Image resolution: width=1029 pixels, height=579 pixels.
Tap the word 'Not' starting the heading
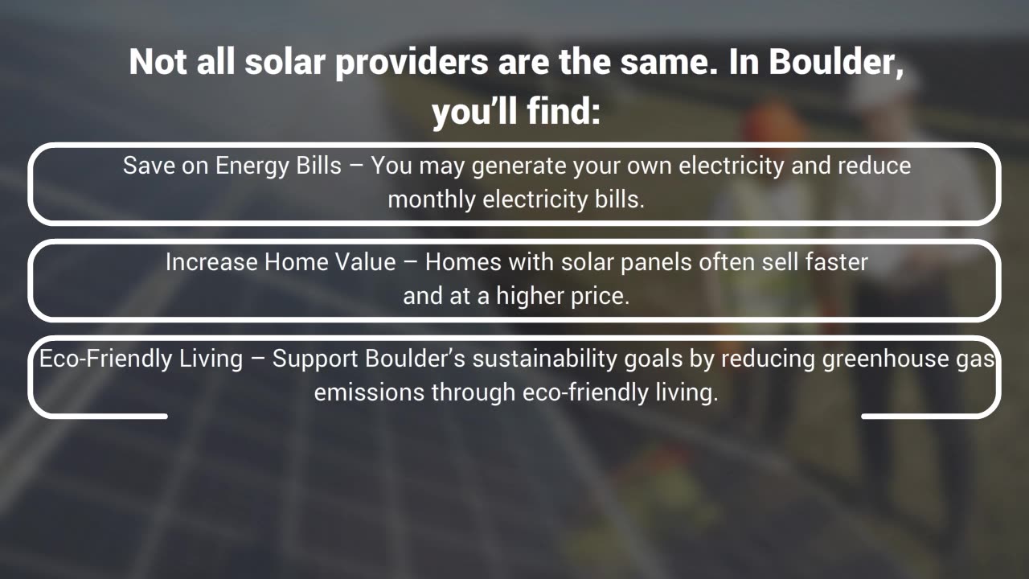click(158, 62)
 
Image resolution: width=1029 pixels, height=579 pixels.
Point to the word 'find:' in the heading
click(564, 111)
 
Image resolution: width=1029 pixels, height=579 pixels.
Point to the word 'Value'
click(365, 262)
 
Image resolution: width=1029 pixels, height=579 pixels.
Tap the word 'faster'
click(837, 262)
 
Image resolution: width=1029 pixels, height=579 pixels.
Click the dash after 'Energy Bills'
click(356, 166)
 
